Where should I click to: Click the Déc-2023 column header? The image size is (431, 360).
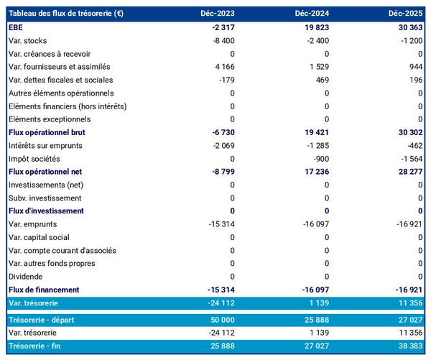(x=218, y=14)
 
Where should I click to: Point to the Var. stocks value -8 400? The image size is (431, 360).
(x=221, y=40)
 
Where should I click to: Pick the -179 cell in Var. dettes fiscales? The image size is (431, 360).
(x=226, y=80)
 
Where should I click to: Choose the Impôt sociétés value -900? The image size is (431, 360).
(x=319, y=158)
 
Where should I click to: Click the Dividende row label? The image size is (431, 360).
(x=25, y=277)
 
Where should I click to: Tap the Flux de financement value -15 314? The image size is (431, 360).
(x=220, y=290)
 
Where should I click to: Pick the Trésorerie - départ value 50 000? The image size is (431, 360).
(x=221, y=320)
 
